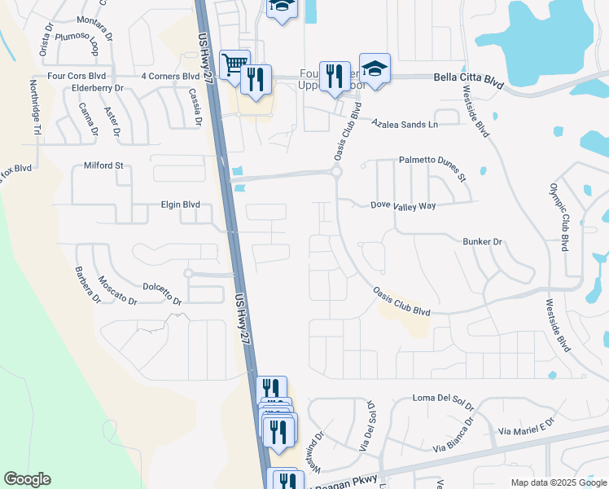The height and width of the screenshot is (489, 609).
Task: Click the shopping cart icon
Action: click(234, 64)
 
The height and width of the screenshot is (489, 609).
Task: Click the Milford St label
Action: click(103, 165)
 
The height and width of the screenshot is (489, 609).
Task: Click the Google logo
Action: click(27, 479)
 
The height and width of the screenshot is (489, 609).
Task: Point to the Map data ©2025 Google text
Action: click(558, 482)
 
